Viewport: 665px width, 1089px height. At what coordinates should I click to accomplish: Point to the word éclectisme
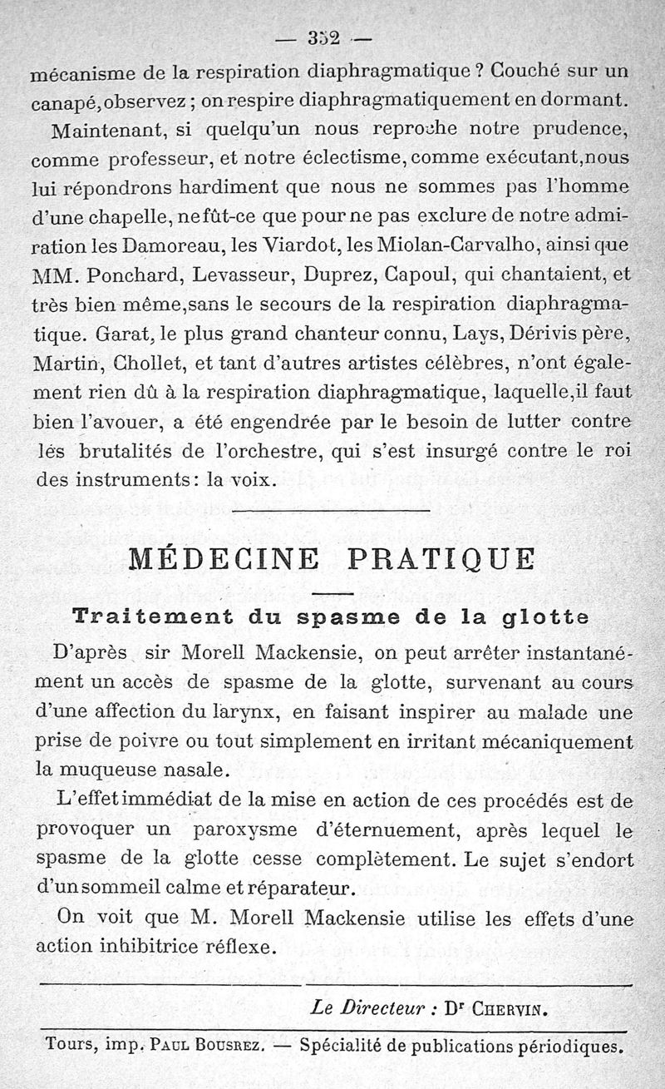335,157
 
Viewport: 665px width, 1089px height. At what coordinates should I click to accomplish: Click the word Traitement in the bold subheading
141,617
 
